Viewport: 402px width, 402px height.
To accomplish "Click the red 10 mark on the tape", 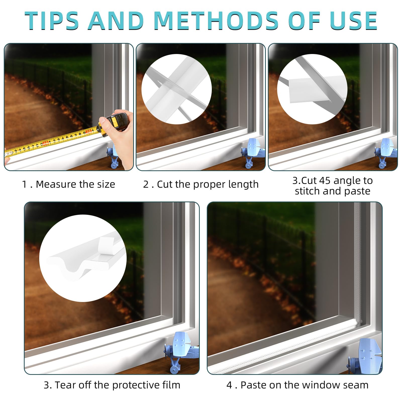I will [x=45, y=143].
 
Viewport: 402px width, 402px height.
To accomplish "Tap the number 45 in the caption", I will [x=324, y=181].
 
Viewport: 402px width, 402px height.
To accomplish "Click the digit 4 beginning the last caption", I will [x=229, y=385].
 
